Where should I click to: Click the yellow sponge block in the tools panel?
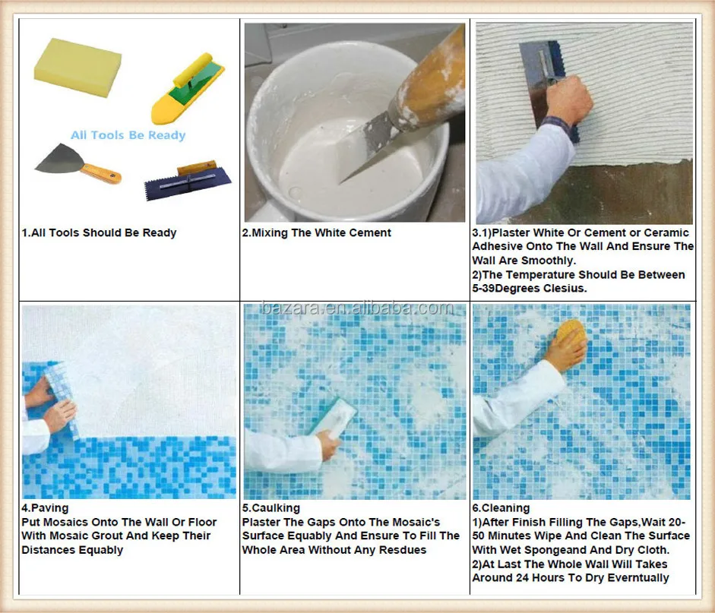coord(78,67)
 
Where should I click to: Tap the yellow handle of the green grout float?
coord(192,70)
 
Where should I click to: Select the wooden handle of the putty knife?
coord(101,173)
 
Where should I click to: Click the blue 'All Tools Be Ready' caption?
coord(128,135)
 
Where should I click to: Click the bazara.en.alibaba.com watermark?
coord(357,308)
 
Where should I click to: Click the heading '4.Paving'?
coord(45,508)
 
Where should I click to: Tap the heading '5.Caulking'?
coord(270,508)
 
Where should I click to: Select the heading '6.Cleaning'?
coord(501,508)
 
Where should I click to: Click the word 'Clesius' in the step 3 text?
coord(564,289)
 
